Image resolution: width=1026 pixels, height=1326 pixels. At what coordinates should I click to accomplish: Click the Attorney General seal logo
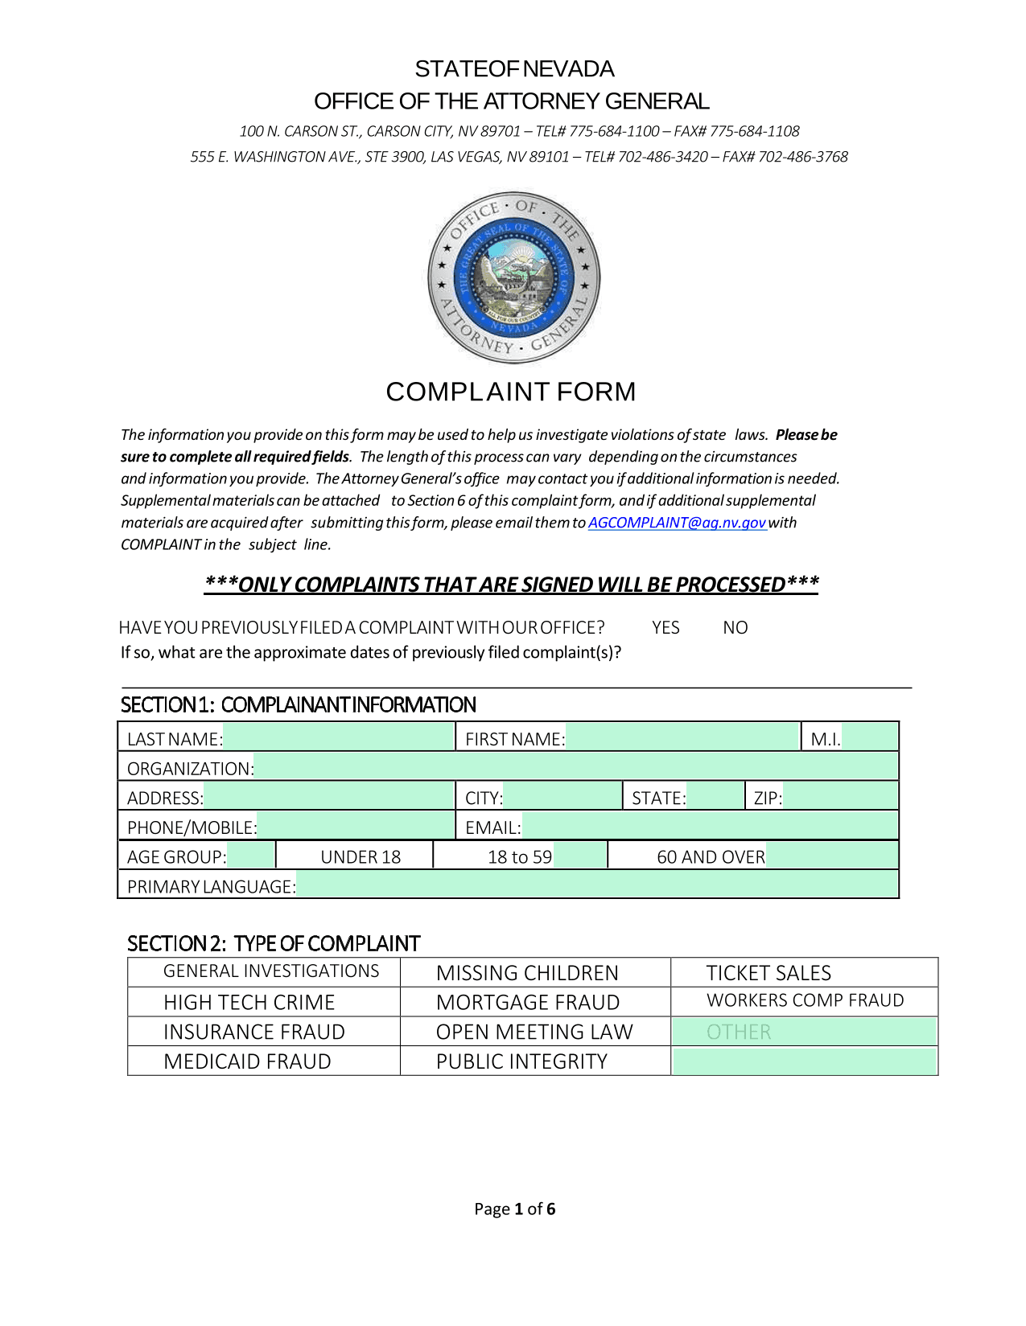point(513,278)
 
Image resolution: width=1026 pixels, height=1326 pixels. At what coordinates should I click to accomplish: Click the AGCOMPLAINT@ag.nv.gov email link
point(677,523)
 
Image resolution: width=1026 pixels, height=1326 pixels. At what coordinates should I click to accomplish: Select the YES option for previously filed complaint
point(665,628)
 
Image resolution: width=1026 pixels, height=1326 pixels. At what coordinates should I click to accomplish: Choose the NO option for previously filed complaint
point(735,628)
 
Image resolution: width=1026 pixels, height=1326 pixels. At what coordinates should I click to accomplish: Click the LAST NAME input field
point(339,738)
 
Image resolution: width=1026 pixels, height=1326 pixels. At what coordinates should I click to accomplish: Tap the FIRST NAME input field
point(682,738)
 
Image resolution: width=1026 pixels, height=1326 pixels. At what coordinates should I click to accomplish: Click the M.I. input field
point(869,738)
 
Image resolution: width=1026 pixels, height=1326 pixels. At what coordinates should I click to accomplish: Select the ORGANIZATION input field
point(575,768)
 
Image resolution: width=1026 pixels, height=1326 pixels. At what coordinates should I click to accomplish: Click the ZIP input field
point(839,798)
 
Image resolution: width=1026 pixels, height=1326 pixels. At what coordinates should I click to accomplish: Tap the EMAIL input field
point(709,827)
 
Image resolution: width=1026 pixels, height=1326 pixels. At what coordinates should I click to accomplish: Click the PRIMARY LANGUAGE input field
point(596,886)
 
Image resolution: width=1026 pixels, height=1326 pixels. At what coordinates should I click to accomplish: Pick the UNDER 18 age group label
point(361,857)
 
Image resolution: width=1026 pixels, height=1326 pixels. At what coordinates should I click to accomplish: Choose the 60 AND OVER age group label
point(711,857)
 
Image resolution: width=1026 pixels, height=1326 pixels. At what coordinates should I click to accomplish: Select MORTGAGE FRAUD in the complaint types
point(528,1003)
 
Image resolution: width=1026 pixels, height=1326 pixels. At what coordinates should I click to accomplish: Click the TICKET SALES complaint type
point(768,973)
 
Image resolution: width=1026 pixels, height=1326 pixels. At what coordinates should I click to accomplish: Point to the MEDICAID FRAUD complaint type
point(247,1061)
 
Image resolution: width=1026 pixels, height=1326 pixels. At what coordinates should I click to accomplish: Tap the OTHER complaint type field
point(805,1032)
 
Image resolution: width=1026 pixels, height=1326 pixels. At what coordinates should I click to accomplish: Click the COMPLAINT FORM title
point(511,392)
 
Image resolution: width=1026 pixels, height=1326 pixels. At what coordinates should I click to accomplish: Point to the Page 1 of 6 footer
point(514,1209)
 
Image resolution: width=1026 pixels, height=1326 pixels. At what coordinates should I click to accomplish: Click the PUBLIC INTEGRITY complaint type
point(521,1061)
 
